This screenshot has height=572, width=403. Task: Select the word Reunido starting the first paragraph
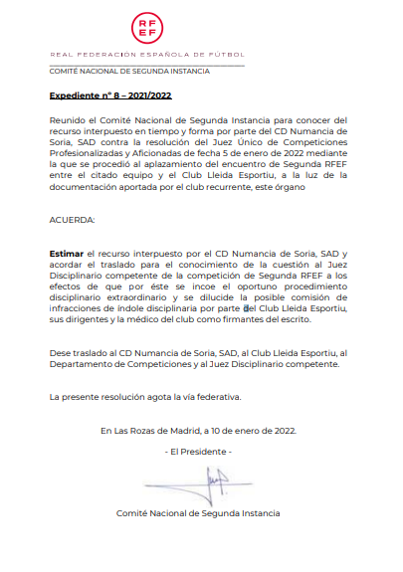click(69, 119)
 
